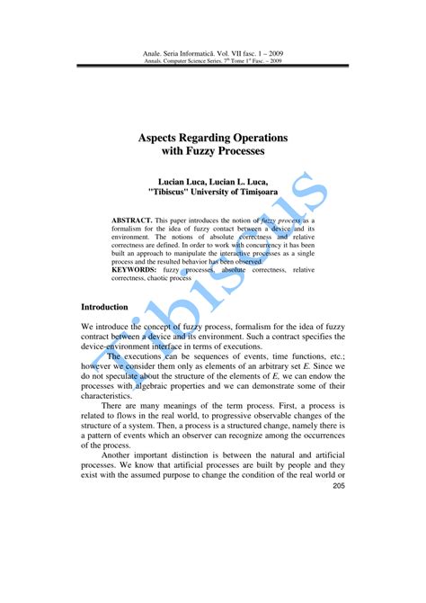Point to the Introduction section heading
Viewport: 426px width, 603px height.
pos(104,307)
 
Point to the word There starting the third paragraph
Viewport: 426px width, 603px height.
pos(115,406)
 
